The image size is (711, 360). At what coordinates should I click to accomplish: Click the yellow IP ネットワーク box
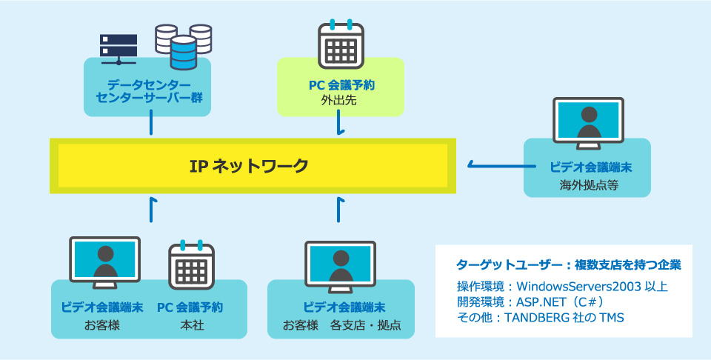pos(253,166)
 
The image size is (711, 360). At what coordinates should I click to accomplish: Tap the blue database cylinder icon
pos(184,53)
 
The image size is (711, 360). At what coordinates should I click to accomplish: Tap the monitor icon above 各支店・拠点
pos(340,267)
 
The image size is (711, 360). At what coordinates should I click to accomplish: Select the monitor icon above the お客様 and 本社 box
pos(104,262)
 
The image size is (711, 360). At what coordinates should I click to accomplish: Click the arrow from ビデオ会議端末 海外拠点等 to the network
pos(501,165)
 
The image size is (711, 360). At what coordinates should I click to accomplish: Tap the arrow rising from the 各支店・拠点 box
pos(338,210)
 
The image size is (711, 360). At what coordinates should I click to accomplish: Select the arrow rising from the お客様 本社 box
pos(151,210)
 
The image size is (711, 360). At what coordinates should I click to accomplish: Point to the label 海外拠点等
pos(589,185)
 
